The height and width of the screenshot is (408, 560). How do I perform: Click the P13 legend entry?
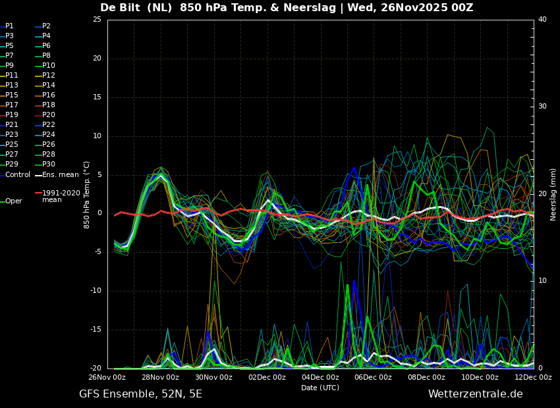pos(9,86)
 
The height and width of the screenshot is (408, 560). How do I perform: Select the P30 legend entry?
pos(45,164)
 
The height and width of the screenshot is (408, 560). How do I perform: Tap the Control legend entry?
pos(15,175)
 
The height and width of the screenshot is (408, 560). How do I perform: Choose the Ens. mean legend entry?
pos(57,175)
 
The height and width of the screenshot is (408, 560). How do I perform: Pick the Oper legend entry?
pos(11,201)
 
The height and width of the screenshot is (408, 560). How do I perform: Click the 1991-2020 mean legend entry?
pos(58,196)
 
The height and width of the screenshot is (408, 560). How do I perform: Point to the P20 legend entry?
pos(45,115)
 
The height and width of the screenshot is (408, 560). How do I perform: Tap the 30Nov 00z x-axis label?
pos(213,377)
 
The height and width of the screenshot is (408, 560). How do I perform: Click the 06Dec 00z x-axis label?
pos(374,377)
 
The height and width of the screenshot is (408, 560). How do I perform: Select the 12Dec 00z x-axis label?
pos(533,377)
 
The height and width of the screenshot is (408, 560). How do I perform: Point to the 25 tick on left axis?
pos(97,20)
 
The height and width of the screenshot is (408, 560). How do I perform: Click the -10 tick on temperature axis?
pos(96,291)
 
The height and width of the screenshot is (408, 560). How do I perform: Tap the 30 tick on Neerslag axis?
pos(542,107)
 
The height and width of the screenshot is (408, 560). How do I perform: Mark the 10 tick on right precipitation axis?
pos(542,281)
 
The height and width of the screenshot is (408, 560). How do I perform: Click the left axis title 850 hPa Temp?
pos(87,195)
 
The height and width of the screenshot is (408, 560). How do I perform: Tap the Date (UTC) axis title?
pos(320,388)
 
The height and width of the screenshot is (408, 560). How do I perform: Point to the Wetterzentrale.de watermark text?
pos(476,394)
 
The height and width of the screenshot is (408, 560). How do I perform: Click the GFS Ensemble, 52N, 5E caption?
pos(140,394)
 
